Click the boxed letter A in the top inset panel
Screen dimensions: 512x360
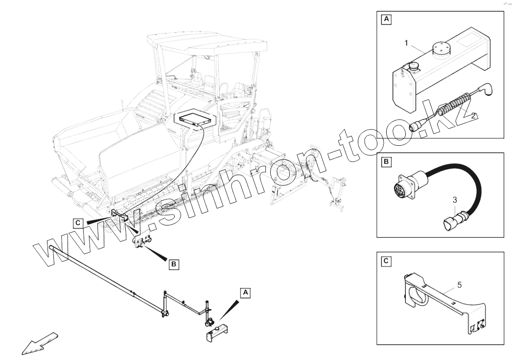click(386, 20)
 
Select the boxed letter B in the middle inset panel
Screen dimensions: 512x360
click(386, 161)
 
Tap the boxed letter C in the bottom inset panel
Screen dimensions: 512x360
click(386, 261)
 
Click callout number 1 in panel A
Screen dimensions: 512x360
click(406, 43)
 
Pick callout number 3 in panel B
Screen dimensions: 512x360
click(455, 200)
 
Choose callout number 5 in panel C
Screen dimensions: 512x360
click(459, 284)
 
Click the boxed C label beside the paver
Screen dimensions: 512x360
click(78, 223)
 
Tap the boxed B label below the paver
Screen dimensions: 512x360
click(173, 265)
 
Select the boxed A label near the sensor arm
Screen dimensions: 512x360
click(245, 292)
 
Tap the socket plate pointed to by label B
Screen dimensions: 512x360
click(142, 242)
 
